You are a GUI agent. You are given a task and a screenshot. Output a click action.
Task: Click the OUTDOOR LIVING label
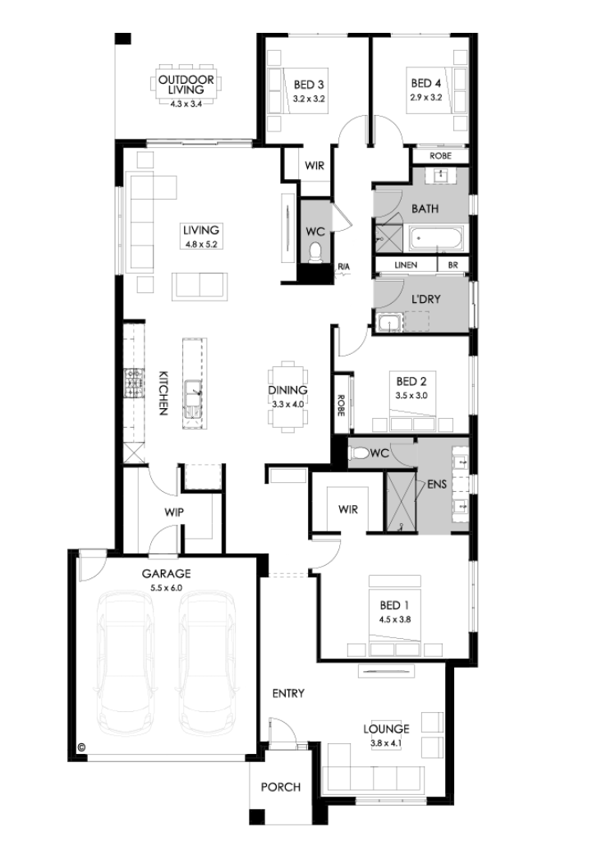186,85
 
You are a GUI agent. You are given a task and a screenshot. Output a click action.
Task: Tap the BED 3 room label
309,85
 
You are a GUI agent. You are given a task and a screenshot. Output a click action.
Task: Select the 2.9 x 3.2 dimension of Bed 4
426,98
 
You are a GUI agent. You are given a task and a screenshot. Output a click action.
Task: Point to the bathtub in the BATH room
436,239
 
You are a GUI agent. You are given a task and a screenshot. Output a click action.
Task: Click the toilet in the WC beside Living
315,252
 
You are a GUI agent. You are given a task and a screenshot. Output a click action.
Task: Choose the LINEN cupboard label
406,265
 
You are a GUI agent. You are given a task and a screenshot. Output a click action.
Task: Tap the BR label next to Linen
453,265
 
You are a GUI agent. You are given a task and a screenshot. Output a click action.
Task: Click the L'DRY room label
426,299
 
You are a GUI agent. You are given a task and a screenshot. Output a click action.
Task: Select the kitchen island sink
193,399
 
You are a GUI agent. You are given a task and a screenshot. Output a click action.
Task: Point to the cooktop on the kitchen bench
133,383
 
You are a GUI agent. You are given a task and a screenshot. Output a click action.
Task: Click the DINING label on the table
288,390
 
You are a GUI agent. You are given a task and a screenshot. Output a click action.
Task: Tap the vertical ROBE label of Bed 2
341,405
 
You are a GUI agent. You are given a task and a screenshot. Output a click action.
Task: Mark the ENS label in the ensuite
437,484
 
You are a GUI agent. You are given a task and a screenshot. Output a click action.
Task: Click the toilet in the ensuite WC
359,453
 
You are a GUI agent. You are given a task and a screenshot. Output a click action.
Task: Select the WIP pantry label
174,512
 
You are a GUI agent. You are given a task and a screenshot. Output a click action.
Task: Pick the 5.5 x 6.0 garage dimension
166,588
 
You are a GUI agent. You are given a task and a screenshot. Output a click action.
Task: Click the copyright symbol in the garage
82,747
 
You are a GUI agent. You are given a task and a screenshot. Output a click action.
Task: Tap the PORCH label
281,787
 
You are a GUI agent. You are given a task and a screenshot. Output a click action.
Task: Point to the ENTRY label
288,693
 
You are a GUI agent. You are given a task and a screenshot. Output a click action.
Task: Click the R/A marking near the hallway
344,267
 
